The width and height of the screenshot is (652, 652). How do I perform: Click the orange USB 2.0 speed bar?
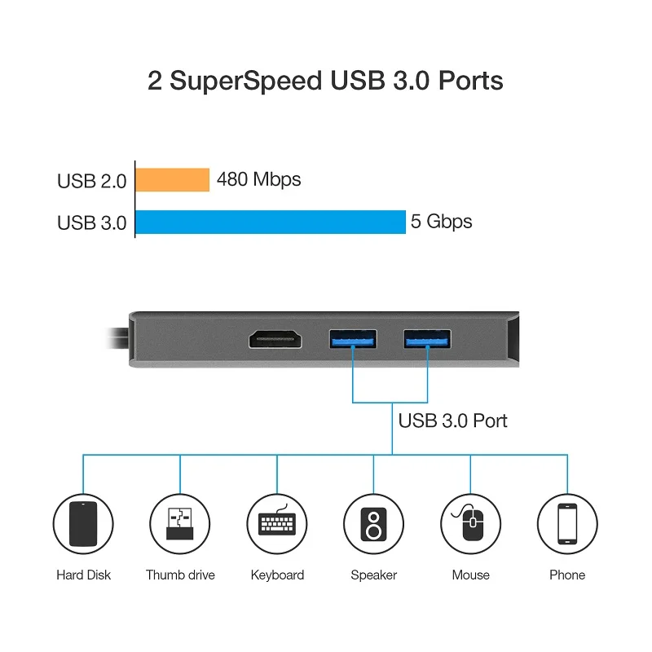172,179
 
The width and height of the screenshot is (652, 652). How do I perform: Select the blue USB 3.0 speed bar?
270,222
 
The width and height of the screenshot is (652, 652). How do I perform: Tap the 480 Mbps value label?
258,179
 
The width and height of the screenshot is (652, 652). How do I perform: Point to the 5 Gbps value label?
441,222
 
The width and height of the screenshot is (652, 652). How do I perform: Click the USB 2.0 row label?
91,181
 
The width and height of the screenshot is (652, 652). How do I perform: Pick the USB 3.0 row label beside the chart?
91,222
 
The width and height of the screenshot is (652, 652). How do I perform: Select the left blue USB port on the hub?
352,339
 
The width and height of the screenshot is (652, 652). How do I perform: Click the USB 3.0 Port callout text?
452,421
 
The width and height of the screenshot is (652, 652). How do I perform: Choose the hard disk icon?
83,524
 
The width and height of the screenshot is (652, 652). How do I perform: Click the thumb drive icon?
179,524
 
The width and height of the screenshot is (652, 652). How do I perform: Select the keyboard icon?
277,524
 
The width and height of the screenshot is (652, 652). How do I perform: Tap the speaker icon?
373,524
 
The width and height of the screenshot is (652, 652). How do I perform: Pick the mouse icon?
470,524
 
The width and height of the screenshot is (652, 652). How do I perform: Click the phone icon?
567,524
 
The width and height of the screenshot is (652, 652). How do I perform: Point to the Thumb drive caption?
180,575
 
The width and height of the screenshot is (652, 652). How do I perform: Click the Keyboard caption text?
277,575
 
